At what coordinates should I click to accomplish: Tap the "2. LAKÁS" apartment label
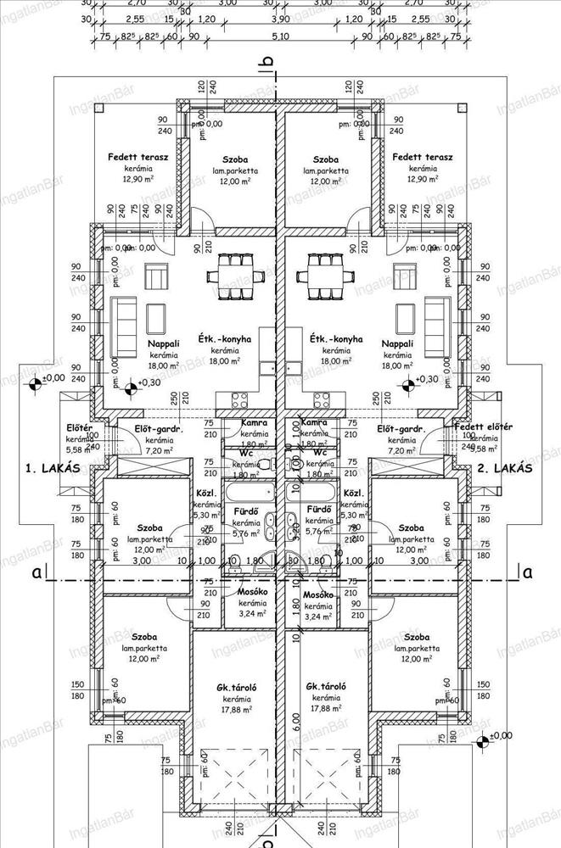click(x=503, y=467)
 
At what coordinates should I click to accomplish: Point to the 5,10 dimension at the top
click(x=280, y=36)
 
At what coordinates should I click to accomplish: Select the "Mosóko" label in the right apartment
click(x=317, y=596)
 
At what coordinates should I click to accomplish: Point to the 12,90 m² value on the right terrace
click(x=422, y=179)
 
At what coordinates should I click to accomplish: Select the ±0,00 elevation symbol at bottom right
click(x=483, y=742)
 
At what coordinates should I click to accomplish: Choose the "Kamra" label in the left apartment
click(x=255, y=422)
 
